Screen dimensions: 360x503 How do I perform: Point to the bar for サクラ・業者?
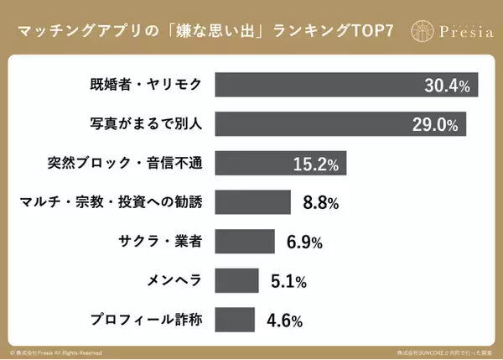pyautogui.click(x=245, y=241)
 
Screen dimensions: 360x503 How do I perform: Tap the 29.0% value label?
pyautogui.click(x=435, y=125)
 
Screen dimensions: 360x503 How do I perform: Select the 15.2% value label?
pyautogui.click(x=314, y=164)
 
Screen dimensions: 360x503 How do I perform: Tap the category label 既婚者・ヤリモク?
pyautogui.click(x=145, y=85)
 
